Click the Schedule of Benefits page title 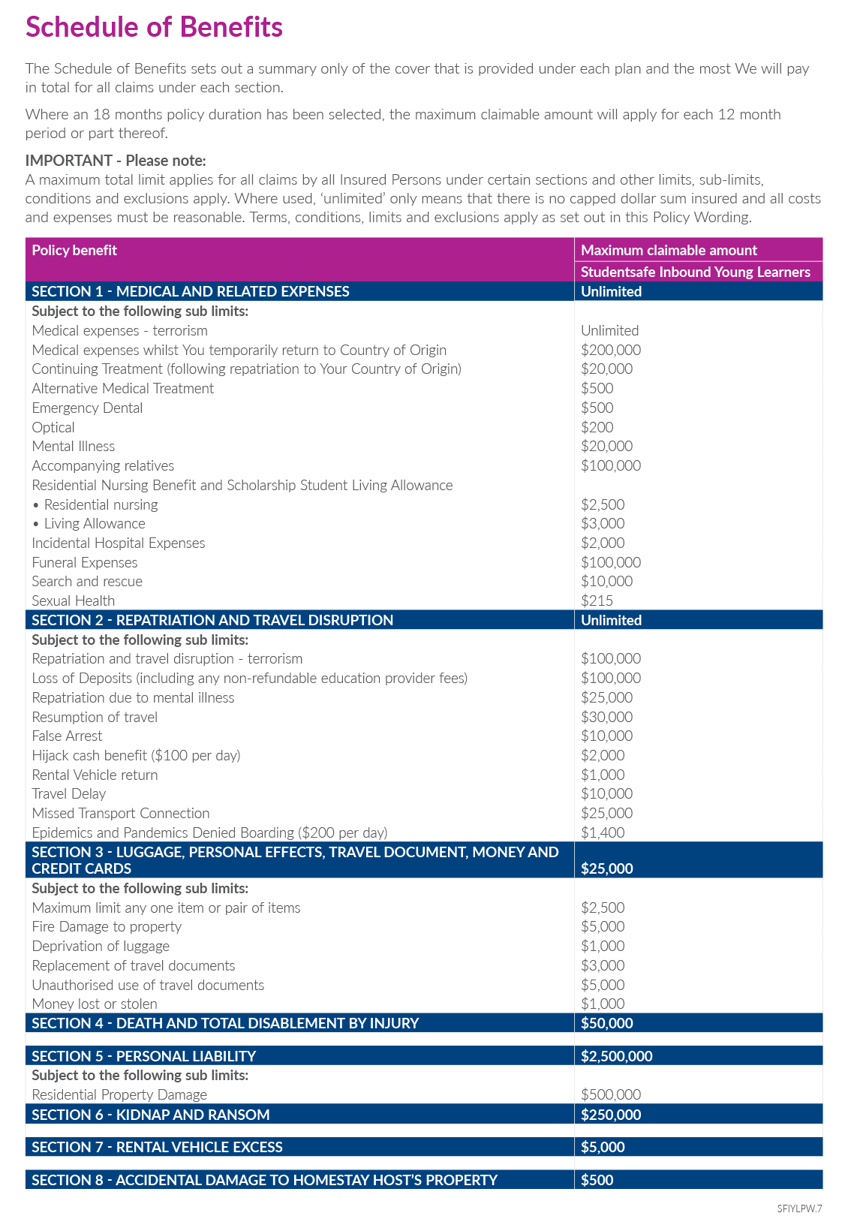click(154, 28)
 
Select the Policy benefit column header click(74, 251)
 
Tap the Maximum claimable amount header click(669, 251)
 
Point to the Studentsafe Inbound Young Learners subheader click(695, 272)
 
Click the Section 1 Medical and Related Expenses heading click(191, 291)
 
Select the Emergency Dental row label click(87, 408)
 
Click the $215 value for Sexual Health click(597, 600)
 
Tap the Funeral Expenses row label click(85, 562)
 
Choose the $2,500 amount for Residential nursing click(603, 504)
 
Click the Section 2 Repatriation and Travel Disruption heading click(212, 620)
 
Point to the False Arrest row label click(67, 736)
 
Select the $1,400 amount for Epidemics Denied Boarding click(603, 832)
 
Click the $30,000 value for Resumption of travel click(606, 717)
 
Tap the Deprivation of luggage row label click(101, 946)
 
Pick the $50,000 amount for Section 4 click(606, 1023)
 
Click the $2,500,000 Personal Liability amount click(616, 1056)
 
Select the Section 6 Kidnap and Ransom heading click(150, 1115)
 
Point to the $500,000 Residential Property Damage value click(611, 1094)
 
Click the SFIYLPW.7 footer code click(799, 1208)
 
